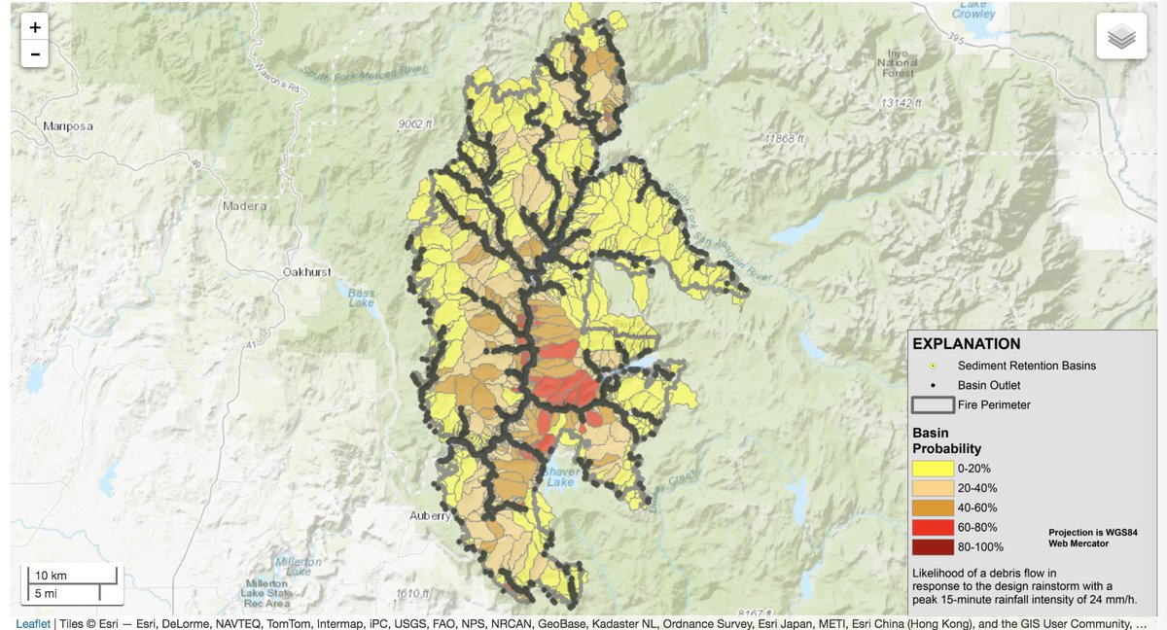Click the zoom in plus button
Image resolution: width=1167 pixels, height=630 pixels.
(35, 28)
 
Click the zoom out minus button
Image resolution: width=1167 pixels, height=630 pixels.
(35, 54)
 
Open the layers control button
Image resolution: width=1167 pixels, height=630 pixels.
(1121, 37)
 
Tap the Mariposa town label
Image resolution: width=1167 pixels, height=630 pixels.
(65, 125)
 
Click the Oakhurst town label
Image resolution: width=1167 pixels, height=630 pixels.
(306, 271)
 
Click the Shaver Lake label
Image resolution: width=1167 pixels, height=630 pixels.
(562, 476)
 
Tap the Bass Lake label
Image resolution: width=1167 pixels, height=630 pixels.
(361, 297)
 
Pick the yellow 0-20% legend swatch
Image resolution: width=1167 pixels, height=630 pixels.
(932, 468)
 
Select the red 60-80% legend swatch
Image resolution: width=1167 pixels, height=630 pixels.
(932, 527)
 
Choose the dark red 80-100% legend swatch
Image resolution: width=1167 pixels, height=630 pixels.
(932, 546)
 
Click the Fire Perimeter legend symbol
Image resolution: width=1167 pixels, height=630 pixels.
(932, 404)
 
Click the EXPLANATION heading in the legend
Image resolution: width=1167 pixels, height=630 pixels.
(966, 343)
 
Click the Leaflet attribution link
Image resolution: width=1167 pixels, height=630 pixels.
(32, 622)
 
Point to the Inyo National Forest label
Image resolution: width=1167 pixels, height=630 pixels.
(898, 62)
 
